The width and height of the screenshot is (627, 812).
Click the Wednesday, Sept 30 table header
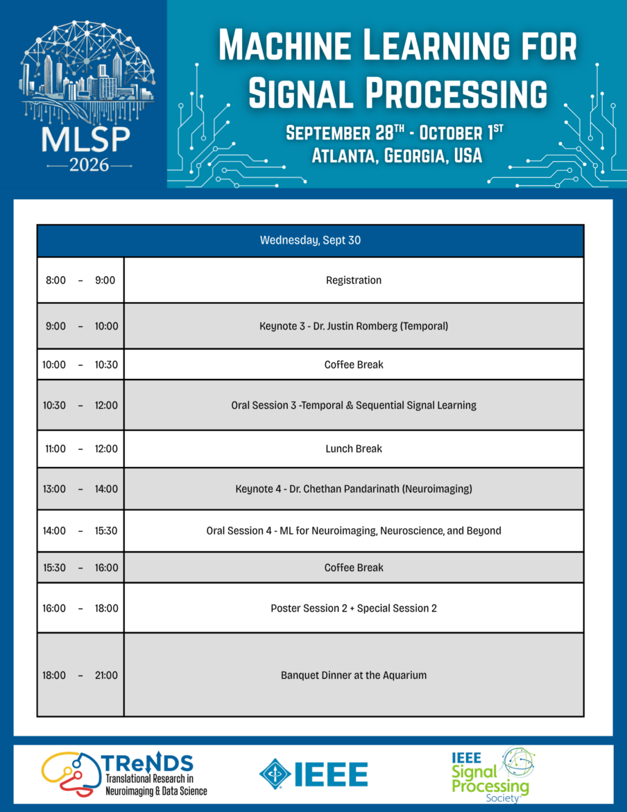pyautogui.click(x=311, y=240)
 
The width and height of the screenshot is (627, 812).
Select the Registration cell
pyautogui.click(x=354, y=280)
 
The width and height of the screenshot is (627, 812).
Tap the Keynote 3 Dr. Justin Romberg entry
pyautogui.click(x=354, y=326)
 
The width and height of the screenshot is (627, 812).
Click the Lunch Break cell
pyautogui.click(x=354, y=449)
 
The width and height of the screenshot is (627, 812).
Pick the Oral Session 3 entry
pyautogui.click(x=354, y=405)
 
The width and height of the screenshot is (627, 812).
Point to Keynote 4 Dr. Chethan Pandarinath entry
pyautogui.click(x=354, y=489)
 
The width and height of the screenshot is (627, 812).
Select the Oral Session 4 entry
pyautogui.click(x=354, y=531)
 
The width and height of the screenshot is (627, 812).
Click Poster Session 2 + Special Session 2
pyautogui.click(x=354, y=608)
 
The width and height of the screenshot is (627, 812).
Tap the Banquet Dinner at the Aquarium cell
pyautogui.click(x=354, y=675)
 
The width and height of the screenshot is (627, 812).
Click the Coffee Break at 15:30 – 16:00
pyautogui.click(x=354, y=568)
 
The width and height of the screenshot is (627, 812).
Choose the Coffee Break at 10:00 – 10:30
pyautogui.click(x=354, y=364)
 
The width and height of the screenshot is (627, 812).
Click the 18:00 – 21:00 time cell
pyautogui.click(x=80, y=675)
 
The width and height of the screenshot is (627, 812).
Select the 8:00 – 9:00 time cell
pyautogui.click(x=80, y=280)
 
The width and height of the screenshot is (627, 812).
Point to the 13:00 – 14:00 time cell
pyautogui.click(x=80, y=489)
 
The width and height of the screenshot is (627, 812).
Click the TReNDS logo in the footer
pyautogui.click(x=124, y=775)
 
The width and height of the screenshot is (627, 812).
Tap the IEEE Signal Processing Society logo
pyautogui.click(x=493, y=775)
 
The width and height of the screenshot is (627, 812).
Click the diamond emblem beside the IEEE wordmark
pyautogui.click(x=275, y=775)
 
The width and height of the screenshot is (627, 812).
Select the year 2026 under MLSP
pyautogui.click(x=89, y=166)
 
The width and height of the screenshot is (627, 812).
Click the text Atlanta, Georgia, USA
pyautogui.click(x=397, y=155)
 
